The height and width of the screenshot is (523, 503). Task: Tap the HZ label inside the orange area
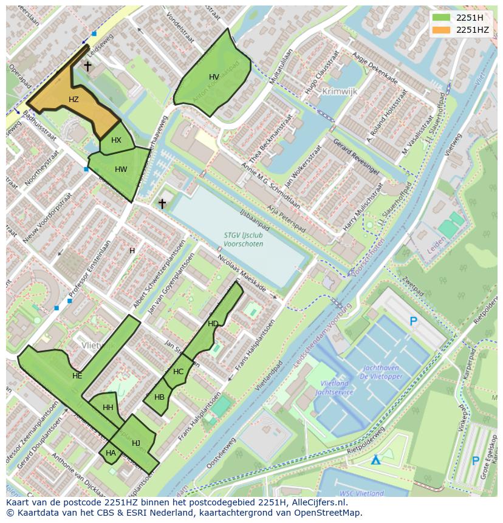[74, 100]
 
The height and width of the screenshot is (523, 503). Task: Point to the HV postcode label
[214, 77]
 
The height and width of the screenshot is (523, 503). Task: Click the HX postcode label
[116, 140]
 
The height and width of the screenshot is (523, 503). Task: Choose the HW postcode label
[121, 169]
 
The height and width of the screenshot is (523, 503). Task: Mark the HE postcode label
[77, 376]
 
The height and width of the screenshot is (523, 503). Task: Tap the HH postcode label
[108, 408]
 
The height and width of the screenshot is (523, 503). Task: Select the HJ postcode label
[136, 443]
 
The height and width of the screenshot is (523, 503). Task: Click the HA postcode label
[111, 453]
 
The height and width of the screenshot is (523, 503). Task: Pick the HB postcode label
[159, 397]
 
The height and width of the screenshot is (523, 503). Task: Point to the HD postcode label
[213, 324]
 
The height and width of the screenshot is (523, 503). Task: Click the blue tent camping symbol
[377, 460]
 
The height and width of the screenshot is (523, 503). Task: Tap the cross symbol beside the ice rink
[162, 203]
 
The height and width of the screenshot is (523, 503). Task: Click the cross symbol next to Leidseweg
[87, 66]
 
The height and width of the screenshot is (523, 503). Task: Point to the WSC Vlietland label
[362, 493]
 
